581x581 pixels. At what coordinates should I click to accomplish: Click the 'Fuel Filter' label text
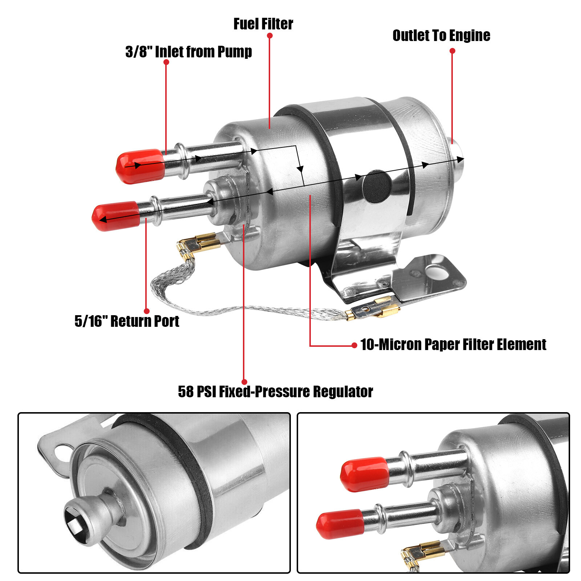(x=263, y=24)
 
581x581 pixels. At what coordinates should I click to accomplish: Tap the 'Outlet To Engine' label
(x=441, y=36)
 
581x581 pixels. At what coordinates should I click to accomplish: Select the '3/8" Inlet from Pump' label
(x=188, y=52)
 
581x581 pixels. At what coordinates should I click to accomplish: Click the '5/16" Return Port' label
(x=127, y=321)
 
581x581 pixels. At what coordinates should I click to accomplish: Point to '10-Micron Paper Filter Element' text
(x=453, y=345)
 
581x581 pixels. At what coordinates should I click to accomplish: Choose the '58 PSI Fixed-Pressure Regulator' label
(x=275, y=392)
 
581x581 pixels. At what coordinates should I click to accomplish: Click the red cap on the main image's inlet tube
(x=140, y=166)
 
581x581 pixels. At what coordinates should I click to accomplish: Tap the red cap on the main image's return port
(x=115, y=216)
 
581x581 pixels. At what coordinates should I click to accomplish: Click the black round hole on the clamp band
(x=377, y=186)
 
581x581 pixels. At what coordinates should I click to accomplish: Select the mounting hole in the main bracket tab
(x=434, y=271)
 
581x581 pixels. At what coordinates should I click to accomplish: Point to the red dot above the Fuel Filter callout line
(x=269, y=36)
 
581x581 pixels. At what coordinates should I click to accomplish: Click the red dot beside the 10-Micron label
(x=354, y=345)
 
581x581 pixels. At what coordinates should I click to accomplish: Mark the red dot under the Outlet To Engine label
(x=452, y=51)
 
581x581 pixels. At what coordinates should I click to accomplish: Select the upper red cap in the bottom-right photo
(x=365, y=474)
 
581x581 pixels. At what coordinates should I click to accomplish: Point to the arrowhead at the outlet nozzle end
(x=460, y=159)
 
